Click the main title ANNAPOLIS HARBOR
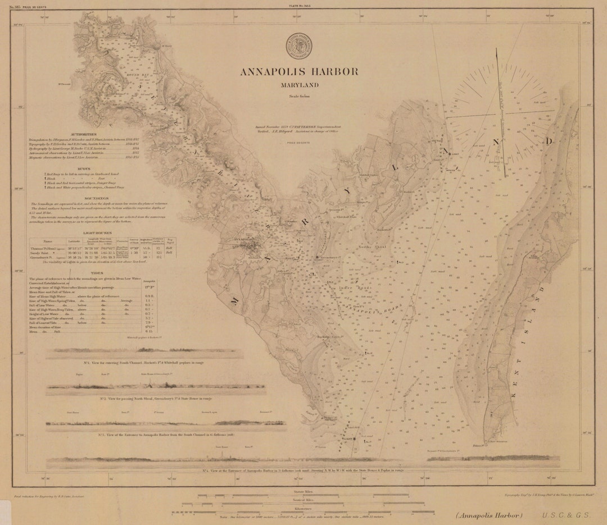pyautogui.click(x=299, y=72)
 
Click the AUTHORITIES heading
pyautogui.click(x=84, y=135)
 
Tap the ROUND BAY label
pyautogui.click(x=120, y=74)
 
